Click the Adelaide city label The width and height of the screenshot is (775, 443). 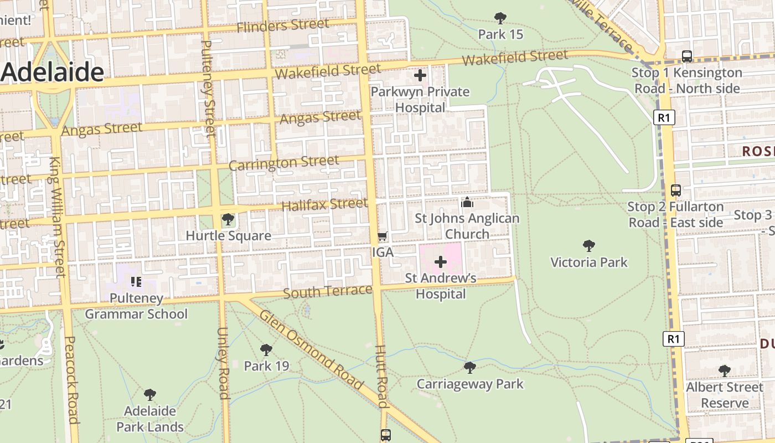pos(53,73)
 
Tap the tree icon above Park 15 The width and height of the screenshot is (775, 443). pos(500,18)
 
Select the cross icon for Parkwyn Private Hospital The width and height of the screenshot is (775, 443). pos(420,75)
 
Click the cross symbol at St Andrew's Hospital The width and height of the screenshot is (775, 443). pos(441,261)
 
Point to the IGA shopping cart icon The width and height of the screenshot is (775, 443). pos(382,237)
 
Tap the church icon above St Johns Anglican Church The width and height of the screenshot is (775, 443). pos(467,202)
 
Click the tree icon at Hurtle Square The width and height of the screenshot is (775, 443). pos(228,220)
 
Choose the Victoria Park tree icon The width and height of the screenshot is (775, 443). pos(589,245)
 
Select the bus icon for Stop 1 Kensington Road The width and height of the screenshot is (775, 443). pos(687,56)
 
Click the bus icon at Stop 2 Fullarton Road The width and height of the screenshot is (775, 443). pos(675,190)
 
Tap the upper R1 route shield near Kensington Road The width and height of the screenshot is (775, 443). pos(664,117)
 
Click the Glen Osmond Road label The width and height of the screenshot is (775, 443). pos(312,350)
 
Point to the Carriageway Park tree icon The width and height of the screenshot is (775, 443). pos(470,367)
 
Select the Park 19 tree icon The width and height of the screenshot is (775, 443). pos(266,349)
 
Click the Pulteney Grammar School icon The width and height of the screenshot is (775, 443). pos(136,282)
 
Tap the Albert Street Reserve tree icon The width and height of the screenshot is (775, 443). pos(724,370)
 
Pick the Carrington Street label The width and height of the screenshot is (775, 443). pos(283,163)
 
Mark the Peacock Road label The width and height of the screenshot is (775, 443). pos(73,379)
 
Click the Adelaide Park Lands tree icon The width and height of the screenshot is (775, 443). pos(149,395)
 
